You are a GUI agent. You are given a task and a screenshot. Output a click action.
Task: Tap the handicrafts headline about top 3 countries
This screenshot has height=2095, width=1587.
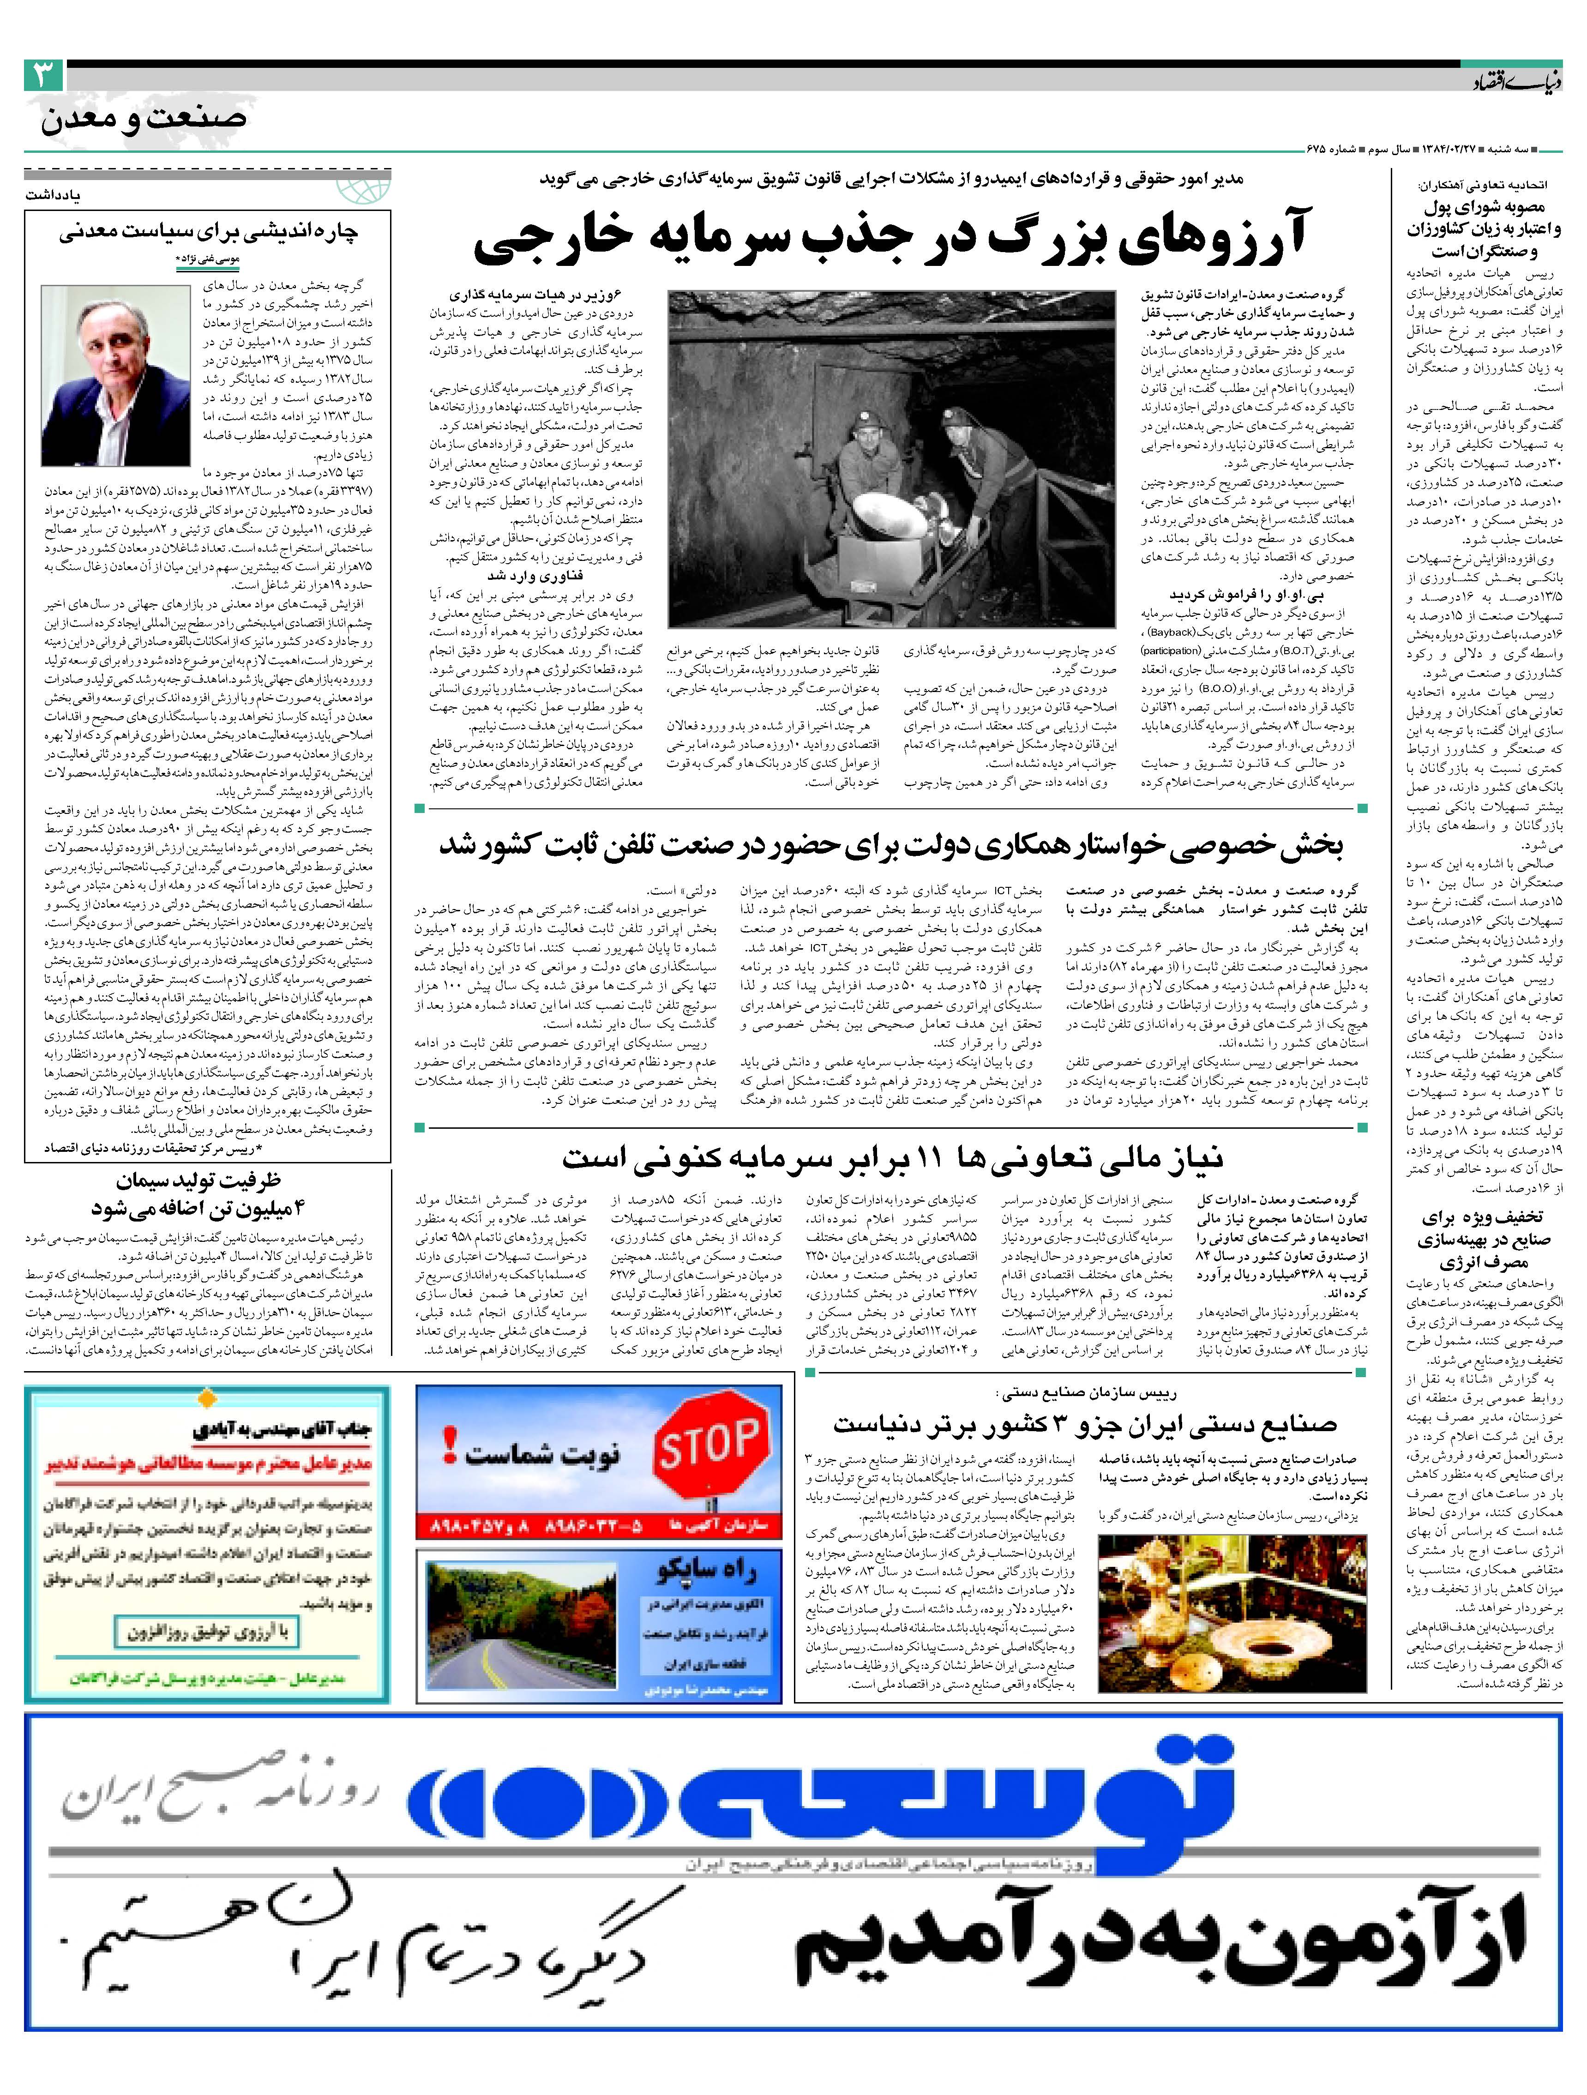click(1084, 1423)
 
